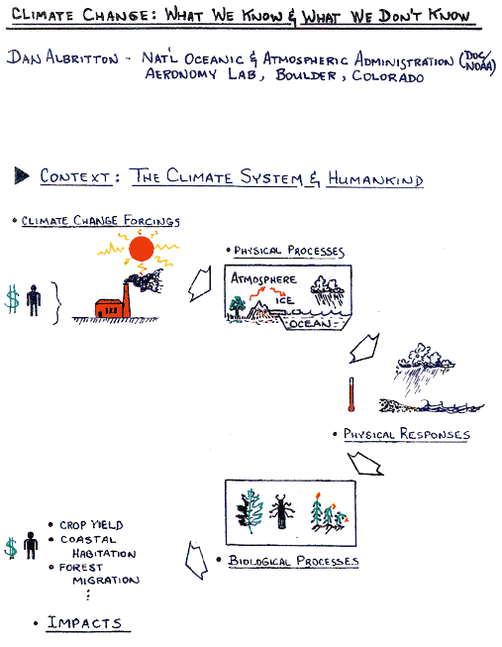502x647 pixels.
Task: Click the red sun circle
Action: coord(141,249)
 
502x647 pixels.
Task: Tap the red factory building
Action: coord(109,308)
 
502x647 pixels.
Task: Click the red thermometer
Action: coord(351,394)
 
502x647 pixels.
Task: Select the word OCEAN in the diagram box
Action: coord(310,323)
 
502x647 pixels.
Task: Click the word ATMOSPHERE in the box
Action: coord(263,278)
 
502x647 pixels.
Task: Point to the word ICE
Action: coord(284,300)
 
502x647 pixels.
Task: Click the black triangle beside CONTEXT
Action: coord(22,175)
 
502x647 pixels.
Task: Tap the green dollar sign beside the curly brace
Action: coord(12,299)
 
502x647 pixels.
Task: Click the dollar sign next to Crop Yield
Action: coord(11,548)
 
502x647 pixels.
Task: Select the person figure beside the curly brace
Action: coord(34,300)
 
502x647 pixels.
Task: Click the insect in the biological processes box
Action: coord(282,511)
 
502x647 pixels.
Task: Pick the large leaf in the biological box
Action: coord(250,511)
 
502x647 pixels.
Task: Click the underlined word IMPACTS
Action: coord(84,622)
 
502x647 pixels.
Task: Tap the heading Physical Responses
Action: coord(407,434)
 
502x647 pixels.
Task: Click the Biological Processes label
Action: coord(293,561)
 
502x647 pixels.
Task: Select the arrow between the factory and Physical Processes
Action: coord(200,284)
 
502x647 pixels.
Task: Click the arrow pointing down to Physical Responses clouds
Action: coord(363,349)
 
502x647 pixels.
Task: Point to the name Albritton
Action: coord(82,56)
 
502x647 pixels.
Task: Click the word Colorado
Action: coord(388,76)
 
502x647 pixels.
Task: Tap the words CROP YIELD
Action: coord(91,525)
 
